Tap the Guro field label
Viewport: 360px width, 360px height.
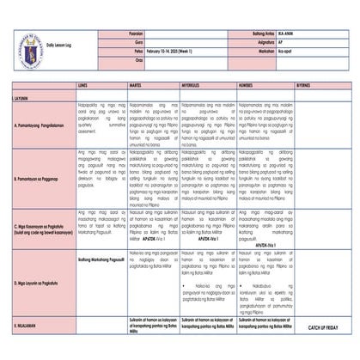[x=138, y=40]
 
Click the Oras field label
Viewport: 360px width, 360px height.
[x=138, y=61]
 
